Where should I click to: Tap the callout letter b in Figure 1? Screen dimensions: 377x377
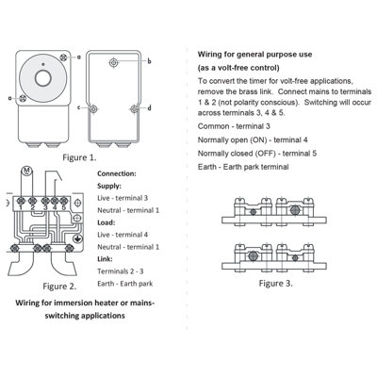point(149,60)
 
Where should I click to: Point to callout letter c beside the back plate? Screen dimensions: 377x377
point(79,108)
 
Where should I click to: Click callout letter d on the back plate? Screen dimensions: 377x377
point(149,108)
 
